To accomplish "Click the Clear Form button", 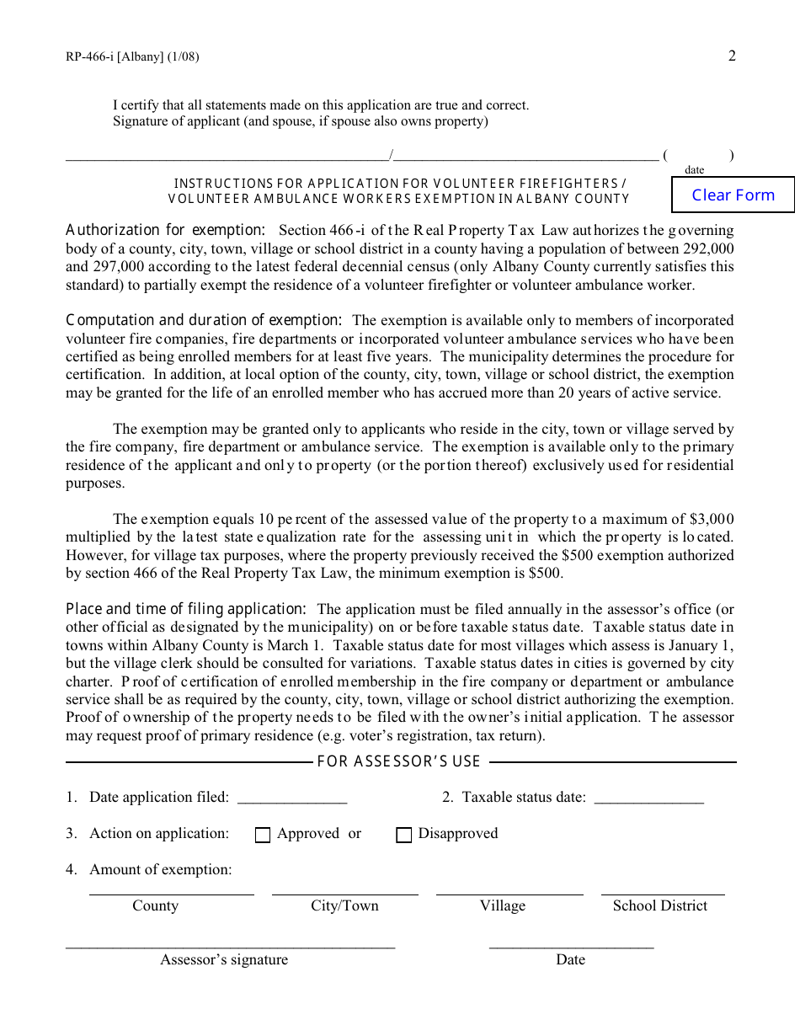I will pyautogui.click(x=733, y=195).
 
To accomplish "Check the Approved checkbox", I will pyautogui.click(x=263, y=835).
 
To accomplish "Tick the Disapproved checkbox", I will pyautogui.click(x=404, y=835).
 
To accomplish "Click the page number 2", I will pyautogui.click(x=732, y=56).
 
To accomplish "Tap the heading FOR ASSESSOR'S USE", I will pyautogui.click(x=398, y=761).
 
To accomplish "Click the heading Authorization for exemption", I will pyautogui.click(x=166, y=230).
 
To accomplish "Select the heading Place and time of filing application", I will pyautogui.click(x=186, y=609).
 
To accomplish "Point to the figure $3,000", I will pyautogui.click(x=711, y=519).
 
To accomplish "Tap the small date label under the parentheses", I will pyautogui.click(x=695, y=169).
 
